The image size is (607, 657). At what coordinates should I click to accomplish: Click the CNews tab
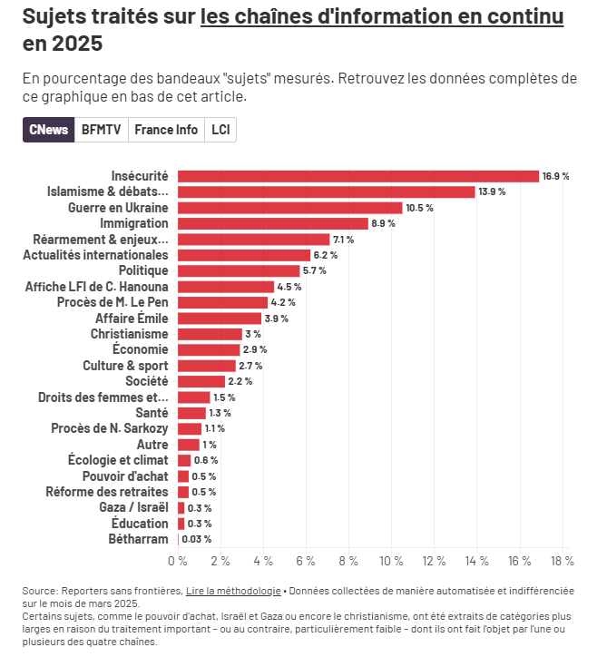tap(48, 130)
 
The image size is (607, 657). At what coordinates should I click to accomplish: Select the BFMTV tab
tap(101, 130)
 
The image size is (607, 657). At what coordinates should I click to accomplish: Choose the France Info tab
tap(166, 130)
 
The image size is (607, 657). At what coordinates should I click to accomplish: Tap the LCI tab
tap(220, 130)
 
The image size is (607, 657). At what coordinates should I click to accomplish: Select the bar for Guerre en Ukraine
tap(289, 208)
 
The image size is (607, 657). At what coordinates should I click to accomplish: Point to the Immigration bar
tap(273, 223)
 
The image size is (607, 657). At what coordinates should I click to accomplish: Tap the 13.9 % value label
tap(492, 192)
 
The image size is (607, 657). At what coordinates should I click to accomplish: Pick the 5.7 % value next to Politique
tap(315, 271)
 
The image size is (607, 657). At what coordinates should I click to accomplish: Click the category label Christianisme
tap(129, 334)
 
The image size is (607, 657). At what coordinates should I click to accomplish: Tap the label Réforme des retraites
tap(107, 492)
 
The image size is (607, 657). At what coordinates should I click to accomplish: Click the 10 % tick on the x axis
tap(391, 561)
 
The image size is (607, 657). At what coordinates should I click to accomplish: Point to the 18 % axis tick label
tap(562, 561)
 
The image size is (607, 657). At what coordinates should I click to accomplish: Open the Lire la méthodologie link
tap(233, 591)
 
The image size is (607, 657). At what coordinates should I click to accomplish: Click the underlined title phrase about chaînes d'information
tap(382, 16)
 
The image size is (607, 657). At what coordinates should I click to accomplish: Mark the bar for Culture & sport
tap(207, 366)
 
